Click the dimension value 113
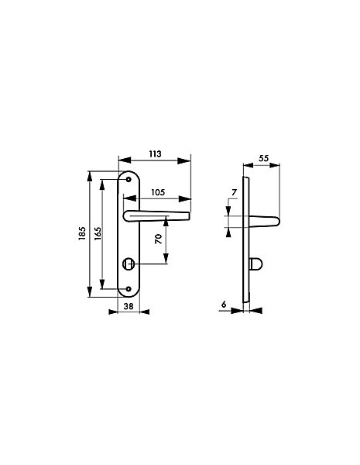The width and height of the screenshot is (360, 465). [x=155, y=154]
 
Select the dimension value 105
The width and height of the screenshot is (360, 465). [x=158, y=192]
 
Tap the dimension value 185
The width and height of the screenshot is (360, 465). [x=82, y=233]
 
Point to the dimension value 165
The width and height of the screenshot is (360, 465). [x=98, y=234]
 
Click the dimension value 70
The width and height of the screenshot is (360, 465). [x=159, y=239]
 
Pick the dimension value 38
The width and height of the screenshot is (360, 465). [x=129, y=306]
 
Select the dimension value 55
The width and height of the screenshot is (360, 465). [x=263, y=158]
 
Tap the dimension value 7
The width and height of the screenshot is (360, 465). [x=234, y=193]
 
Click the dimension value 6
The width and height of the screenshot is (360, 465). [x=224, y=304]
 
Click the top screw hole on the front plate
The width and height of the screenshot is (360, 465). [x=129, y=180]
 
